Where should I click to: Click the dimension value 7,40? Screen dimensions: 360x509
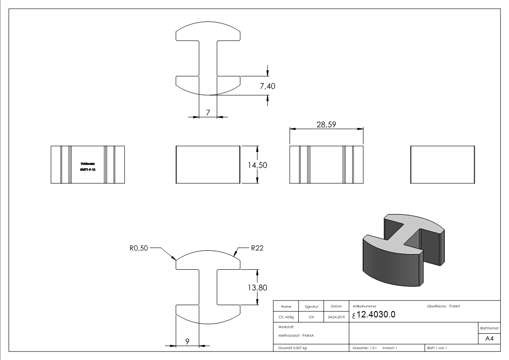[267, 86]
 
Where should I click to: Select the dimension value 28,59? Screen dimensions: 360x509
[326, 124]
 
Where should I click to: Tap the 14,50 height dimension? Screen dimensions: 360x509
[257, 165]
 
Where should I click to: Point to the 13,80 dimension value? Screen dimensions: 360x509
[257, 288]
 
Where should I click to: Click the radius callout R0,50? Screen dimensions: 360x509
[139, 248]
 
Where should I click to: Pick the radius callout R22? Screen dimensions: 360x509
[257, 248]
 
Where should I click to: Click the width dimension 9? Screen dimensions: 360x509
[187, 341]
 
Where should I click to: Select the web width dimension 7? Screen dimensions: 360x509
[208, 112]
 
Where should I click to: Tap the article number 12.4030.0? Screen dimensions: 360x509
[376, 315]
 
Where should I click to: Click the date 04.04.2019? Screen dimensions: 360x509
[336, 317]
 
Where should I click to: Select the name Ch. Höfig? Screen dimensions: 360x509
[286, 317]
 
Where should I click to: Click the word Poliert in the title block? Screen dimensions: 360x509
[455, 306]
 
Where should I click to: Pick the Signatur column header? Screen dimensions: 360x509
[311, 307]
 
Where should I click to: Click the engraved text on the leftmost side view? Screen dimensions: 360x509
[87, 166]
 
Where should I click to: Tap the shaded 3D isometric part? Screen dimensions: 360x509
[402, 252]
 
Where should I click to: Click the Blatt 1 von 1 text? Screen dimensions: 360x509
[437, 348]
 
